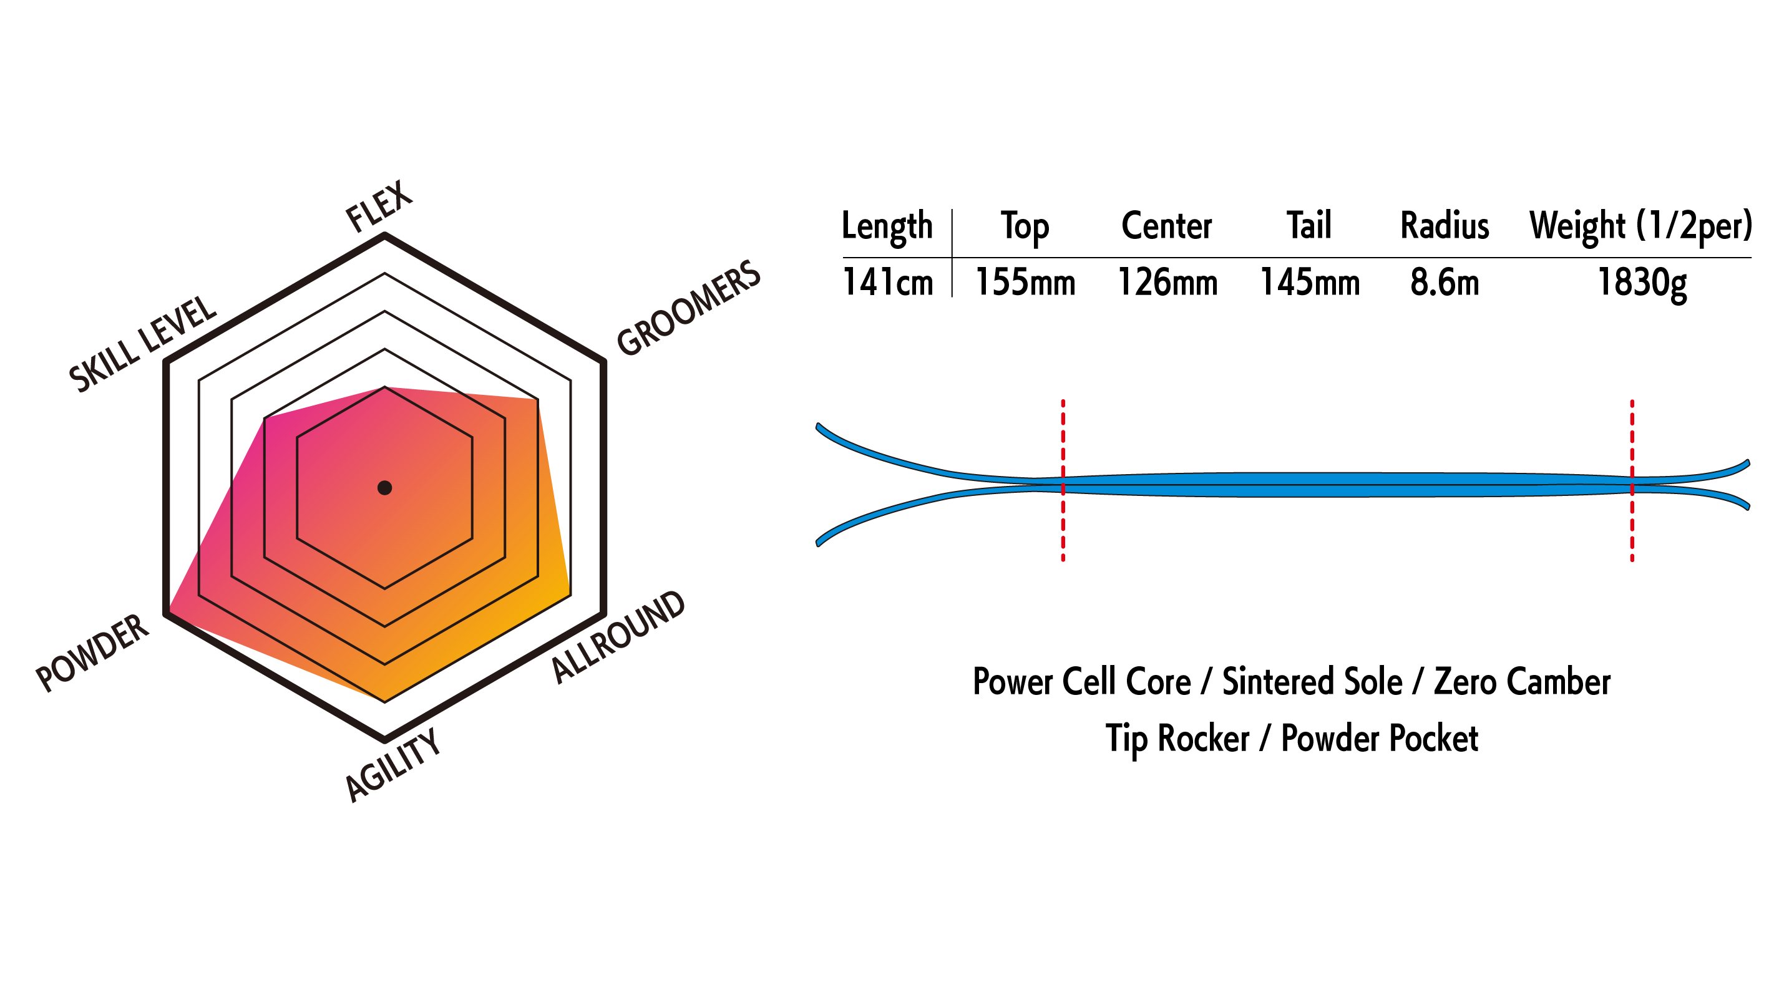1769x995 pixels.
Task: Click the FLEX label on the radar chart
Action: [378, 206]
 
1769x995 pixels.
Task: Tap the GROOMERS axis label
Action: [688, 308]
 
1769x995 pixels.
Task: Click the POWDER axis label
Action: [92, 652]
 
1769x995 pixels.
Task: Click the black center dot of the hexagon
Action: [384, 488]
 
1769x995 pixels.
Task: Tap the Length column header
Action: [887, 226]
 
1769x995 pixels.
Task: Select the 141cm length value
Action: [887, 282]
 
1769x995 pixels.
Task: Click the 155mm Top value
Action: [1025, 282]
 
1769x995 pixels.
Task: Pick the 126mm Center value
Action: [1167, 282]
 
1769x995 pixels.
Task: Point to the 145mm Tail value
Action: [1309, 282]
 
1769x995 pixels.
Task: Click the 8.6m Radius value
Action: [1444, 282]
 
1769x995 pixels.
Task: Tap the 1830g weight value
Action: [1641, 282]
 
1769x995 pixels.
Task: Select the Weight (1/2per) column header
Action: [1640, 226]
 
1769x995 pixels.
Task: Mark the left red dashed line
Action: [1063, 481]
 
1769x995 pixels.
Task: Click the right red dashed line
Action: [1632, 481]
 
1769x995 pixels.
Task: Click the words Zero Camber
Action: [1522, 682]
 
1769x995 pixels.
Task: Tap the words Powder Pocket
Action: [1379, 739]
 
